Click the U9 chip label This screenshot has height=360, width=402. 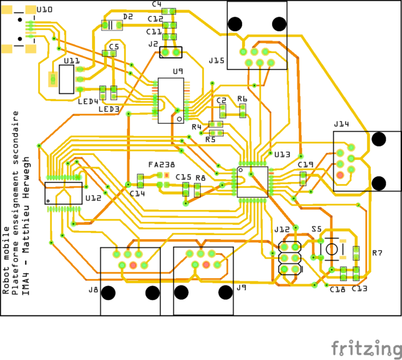[x=177, y=72]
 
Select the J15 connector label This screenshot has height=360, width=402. [x=216, y=61]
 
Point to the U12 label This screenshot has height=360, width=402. [x=94, y=198]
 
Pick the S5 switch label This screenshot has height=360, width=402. [x=317, y=229]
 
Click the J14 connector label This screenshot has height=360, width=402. [x=341, y=124]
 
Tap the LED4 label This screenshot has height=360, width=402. [x=88, y=102]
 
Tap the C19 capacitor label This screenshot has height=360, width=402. [x=305, y=164]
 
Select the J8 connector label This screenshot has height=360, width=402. [x=93, y=290]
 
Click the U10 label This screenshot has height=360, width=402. [x=44, y=10]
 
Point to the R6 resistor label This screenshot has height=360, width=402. [x=242, y=99]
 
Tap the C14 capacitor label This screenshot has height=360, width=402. [x=138, y=194]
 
